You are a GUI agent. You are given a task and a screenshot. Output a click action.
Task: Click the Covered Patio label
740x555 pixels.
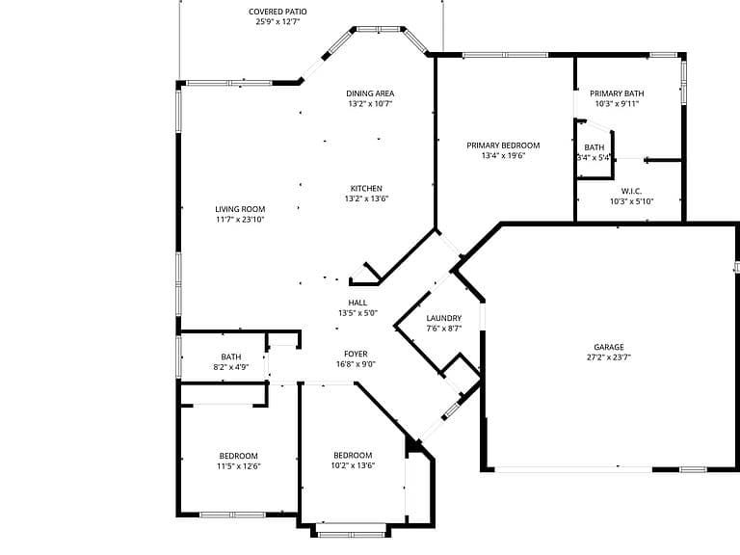tap(277, 12)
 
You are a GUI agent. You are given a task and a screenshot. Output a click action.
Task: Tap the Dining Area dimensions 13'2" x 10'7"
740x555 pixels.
tap(370, 104)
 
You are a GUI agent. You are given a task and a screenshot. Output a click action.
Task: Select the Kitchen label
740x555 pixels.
tap(366, 188)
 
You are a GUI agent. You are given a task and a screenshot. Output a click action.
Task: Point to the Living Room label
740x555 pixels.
tap(240, 209)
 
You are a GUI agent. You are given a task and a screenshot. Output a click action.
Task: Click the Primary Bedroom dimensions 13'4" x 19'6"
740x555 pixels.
tap(503, 156)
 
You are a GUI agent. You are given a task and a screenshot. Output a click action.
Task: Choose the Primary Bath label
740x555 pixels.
tap(617, 93)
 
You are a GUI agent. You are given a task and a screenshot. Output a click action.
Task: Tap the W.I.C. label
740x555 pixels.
tap(631, 191)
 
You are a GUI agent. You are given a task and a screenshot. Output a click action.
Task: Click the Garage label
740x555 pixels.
tap(609, 347)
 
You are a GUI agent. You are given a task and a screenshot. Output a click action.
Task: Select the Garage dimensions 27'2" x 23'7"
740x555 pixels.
tap(609, 357)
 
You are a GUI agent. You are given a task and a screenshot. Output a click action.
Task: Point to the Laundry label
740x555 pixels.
tap(444, 318)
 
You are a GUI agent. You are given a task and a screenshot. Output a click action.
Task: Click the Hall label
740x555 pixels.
tap(357, 303)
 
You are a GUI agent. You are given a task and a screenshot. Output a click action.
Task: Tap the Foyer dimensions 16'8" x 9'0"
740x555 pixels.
tap(356, 364)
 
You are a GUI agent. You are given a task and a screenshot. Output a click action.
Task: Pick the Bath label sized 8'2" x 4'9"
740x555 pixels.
tap(231, 357)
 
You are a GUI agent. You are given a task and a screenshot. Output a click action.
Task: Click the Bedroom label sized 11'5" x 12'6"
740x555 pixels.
tap(238, 456)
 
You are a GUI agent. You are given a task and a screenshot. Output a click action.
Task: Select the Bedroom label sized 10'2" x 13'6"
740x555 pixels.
tap(353, 456)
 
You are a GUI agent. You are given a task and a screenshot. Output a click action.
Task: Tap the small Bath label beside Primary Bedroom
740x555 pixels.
tap(595, 147)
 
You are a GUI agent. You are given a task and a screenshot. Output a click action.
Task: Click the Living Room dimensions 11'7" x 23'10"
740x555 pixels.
tap(240, 220)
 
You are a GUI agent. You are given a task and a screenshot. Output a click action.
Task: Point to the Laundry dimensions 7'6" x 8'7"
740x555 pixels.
tap(444, 329)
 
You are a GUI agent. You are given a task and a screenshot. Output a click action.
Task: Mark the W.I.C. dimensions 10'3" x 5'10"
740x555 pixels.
tap(631, 201)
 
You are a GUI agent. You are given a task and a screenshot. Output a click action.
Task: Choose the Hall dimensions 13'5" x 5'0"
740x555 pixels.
tap(357, 313)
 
